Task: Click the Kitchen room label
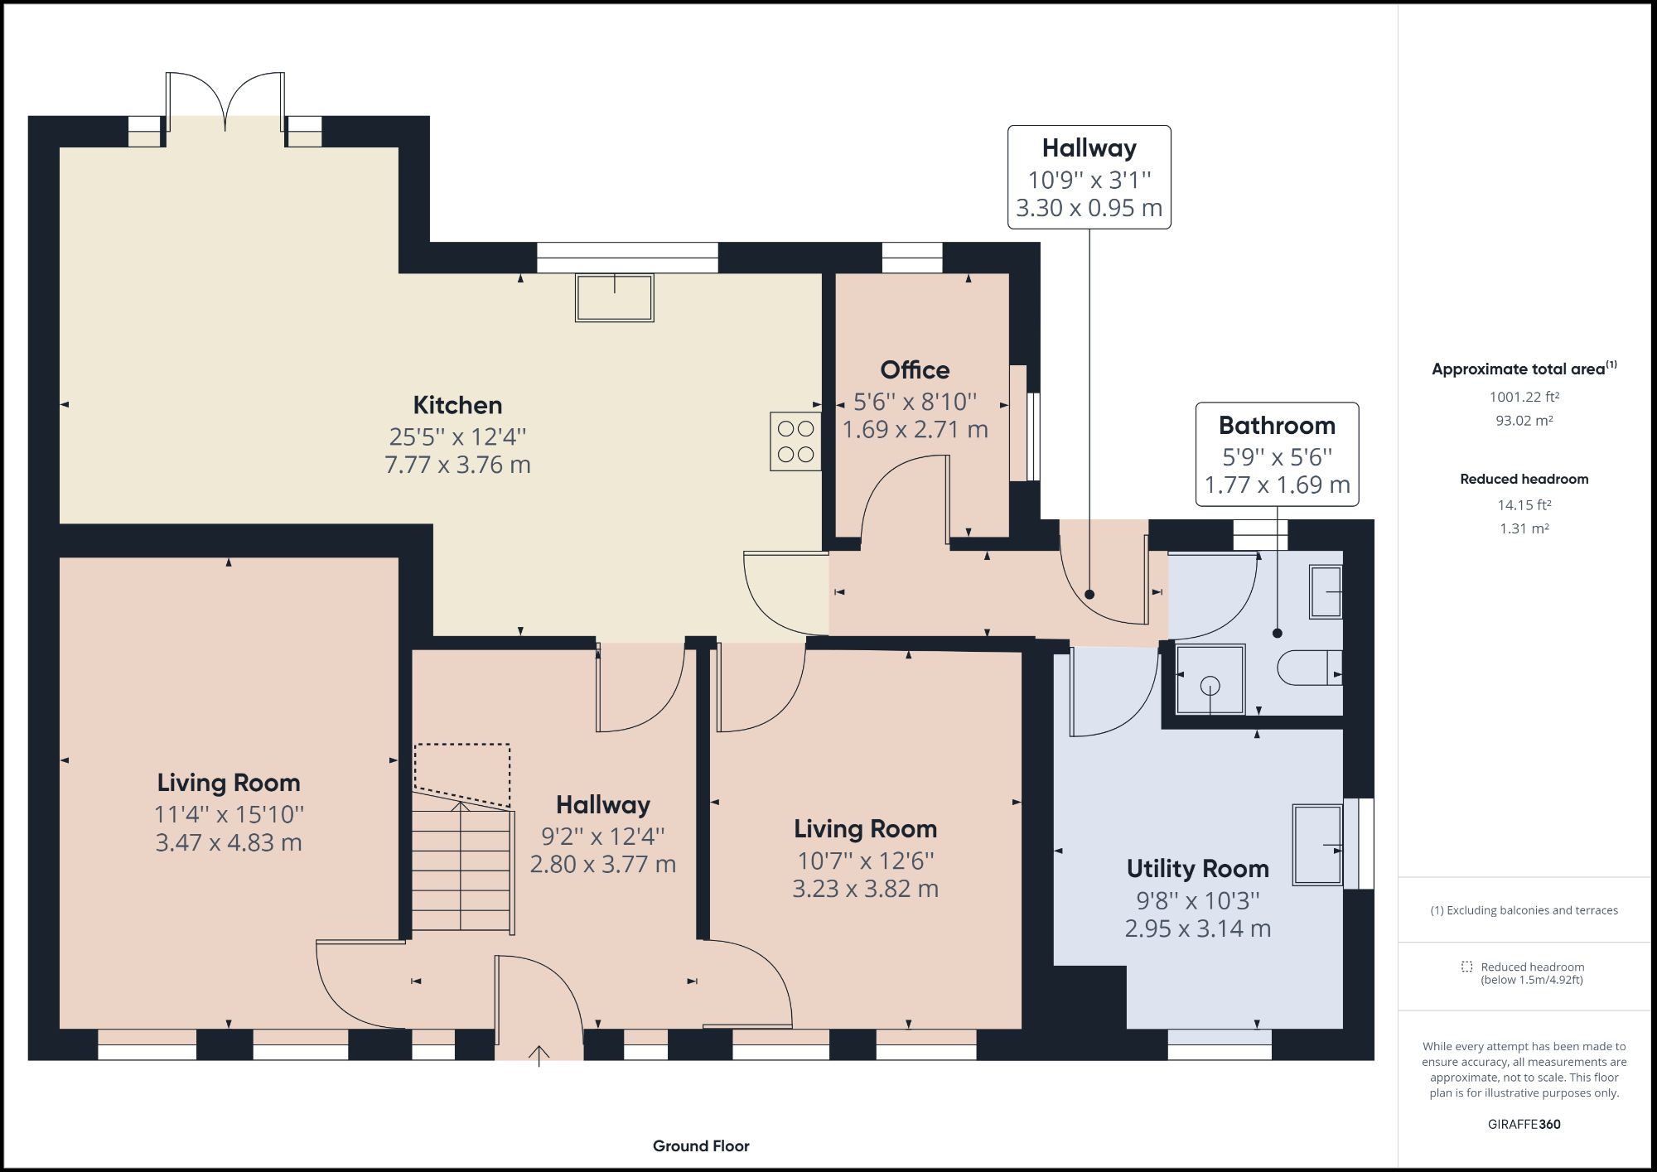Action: click(x=457, y=405)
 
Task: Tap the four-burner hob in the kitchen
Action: click(x=795, y=441)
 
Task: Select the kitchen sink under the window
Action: click(x=615, y=297)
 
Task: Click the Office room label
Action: click(x=915, y=369)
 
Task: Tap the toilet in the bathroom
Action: click(x=1309, y=668)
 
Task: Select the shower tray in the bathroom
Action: click(x=1210, y=679)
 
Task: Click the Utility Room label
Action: click(x=1197, y=869)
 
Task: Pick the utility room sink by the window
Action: click(x=1317, y=845)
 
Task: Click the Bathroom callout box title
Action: click(x=1277, y=426)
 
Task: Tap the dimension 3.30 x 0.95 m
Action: click(x=1089, y=208)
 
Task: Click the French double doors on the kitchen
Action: click(x=225, y=103)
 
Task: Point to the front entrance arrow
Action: click(x=539, y=1055)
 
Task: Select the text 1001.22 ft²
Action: click(x=1524, y=397)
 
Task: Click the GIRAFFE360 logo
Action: click(x=1524, y=1124)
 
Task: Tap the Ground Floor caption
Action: click(x=701, y=1146)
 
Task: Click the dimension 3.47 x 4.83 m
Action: click(x=229, y=843)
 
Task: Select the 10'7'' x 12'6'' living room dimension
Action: click(x=865, y=861)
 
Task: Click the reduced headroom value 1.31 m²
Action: click(x=1524, y=528)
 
